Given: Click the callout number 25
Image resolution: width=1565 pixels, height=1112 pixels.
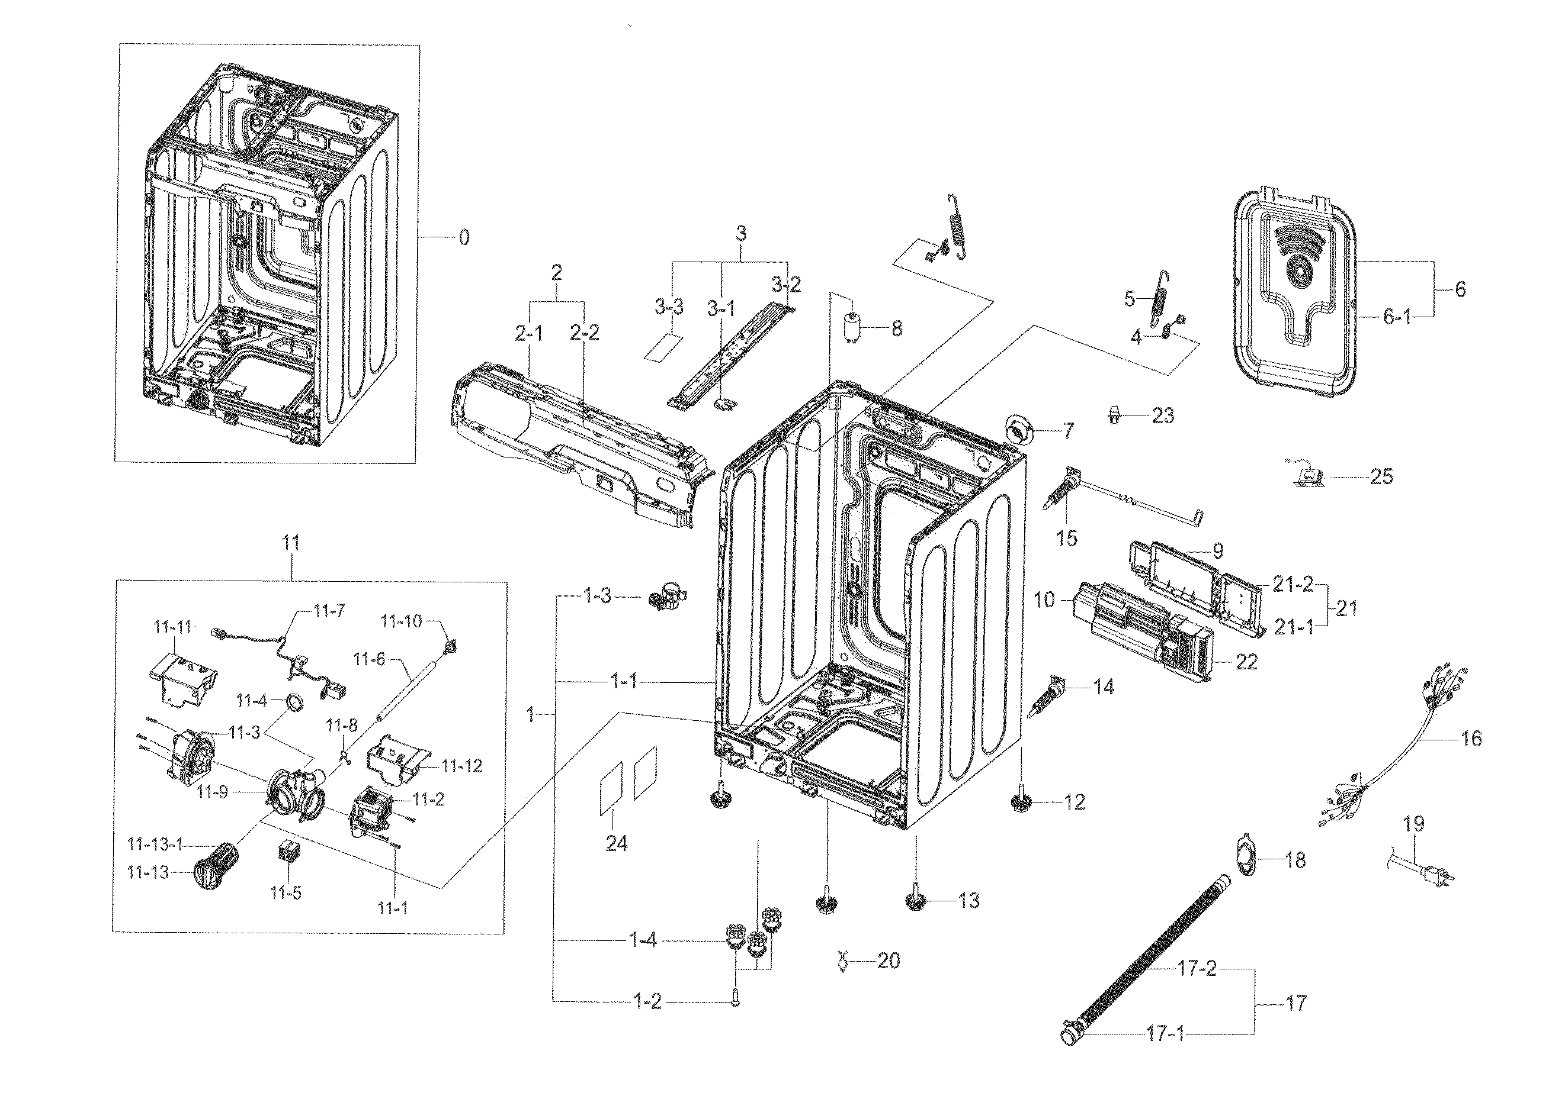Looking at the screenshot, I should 1381,476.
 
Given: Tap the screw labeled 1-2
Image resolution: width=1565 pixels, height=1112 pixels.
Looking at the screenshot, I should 735,1001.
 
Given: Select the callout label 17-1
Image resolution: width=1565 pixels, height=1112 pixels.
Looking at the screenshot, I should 1165,1034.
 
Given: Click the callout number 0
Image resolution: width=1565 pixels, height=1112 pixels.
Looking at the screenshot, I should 464,238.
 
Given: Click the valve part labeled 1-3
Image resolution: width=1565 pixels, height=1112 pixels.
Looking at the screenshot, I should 665,597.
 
